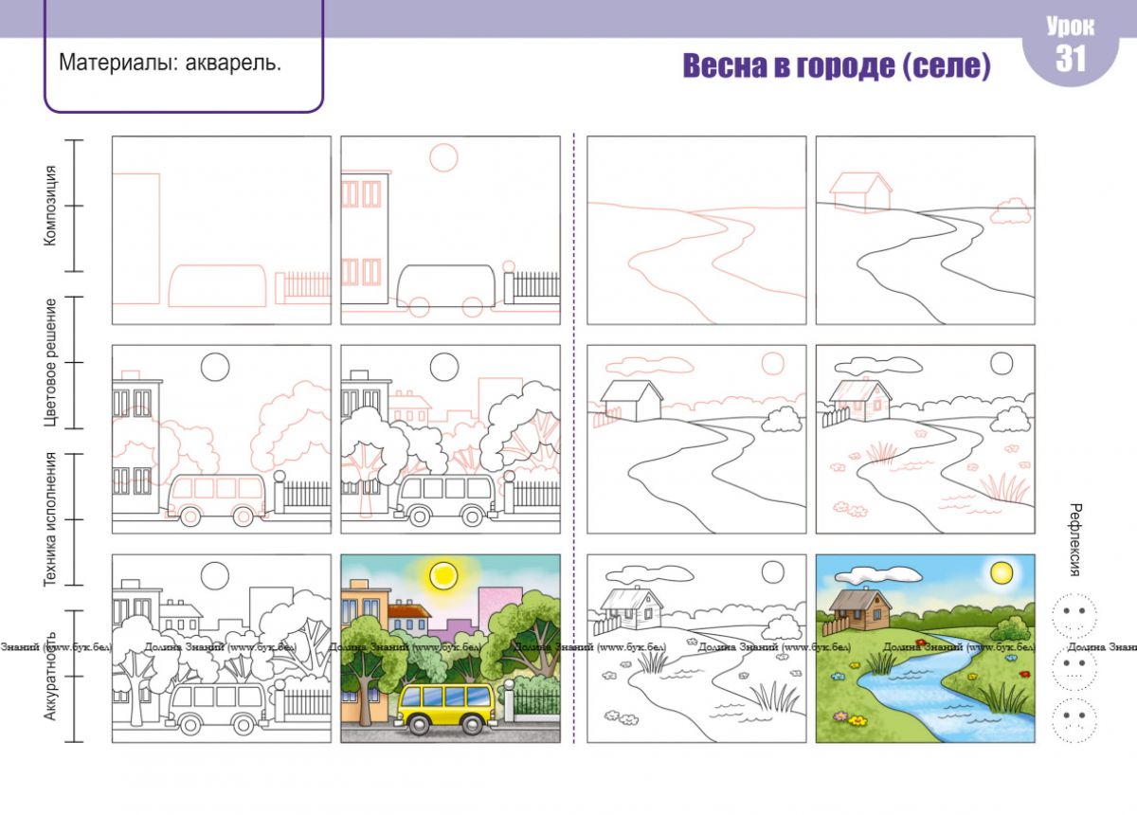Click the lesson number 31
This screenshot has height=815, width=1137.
pos(1070,59)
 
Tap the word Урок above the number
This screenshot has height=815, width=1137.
pos(1070,27)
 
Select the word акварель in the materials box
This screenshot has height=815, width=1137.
pos(233,63)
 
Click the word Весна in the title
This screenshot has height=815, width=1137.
pos(726,65)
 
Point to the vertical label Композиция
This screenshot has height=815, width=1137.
pos(49,206)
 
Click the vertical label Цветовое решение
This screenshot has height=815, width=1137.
pos(50,363)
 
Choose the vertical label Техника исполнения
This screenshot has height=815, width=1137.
pos(49,519)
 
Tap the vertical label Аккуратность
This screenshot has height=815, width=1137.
pos(49,676)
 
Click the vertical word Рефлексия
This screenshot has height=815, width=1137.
pos(1074,540)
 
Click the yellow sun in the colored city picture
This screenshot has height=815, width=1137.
pos(443,575)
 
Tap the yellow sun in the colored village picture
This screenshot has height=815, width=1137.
pos(1002,572)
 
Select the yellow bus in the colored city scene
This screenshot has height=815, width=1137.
pos(445,708)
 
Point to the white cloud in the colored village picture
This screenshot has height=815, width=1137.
pos(878,574)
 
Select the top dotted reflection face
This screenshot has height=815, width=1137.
pos(1074,615)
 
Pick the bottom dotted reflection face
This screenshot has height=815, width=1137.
pos(1074,719)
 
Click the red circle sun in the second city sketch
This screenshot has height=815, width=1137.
pos(443,157)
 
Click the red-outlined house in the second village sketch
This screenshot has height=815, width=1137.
pos(861,191)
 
